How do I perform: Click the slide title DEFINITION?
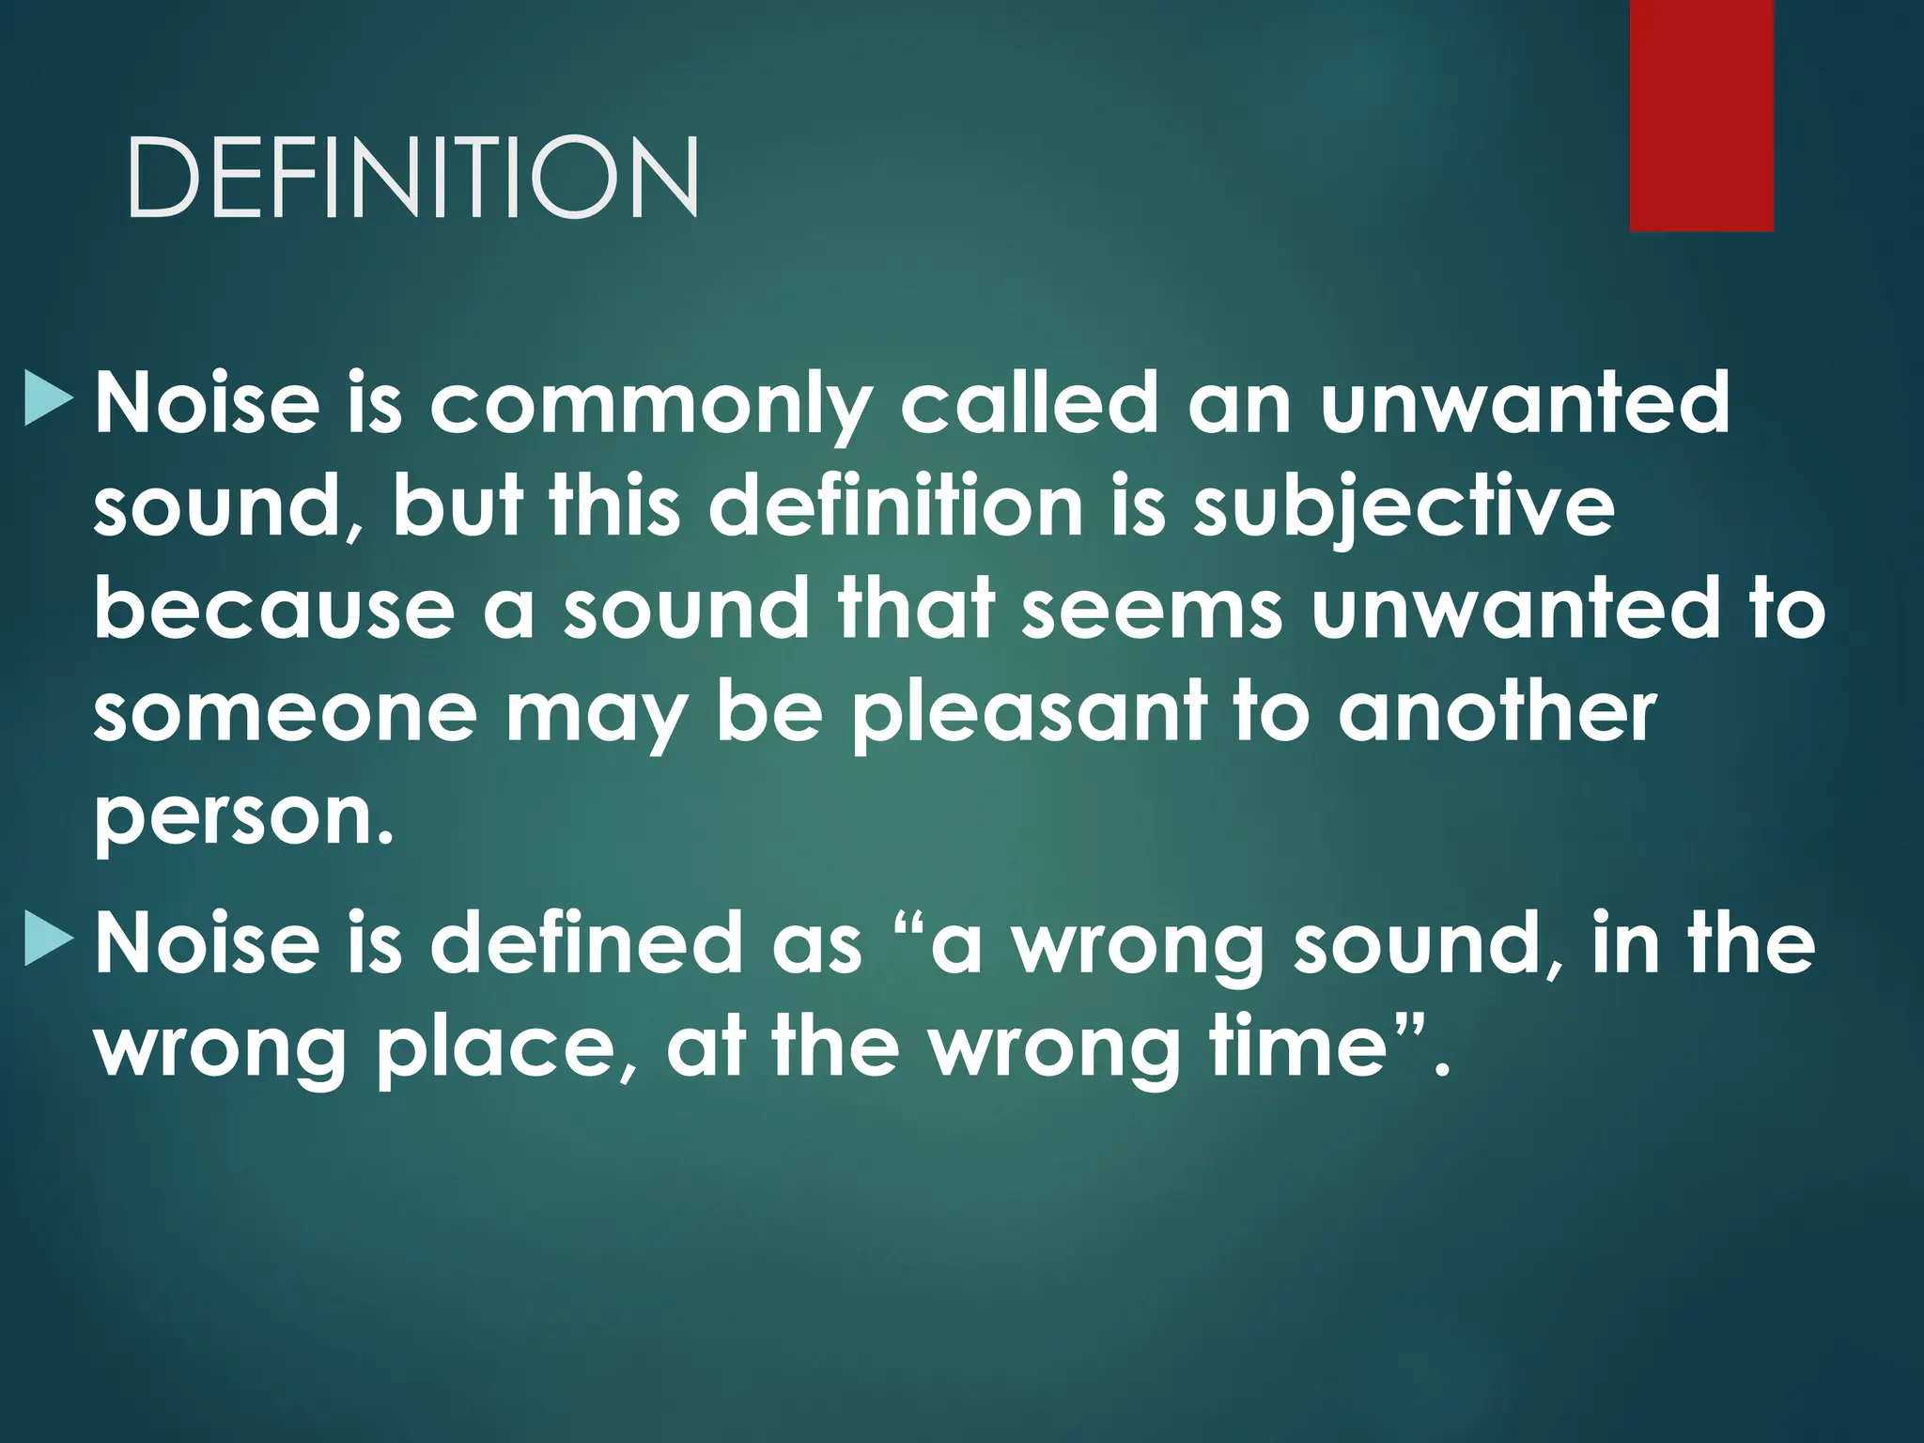pos(412,178)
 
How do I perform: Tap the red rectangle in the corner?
pos(1701,115)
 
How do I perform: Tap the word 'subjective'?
pos(1404,509)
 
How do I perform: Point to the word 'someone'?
pos(286,714)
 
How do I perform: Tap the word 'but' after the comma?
pos(458,507)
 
